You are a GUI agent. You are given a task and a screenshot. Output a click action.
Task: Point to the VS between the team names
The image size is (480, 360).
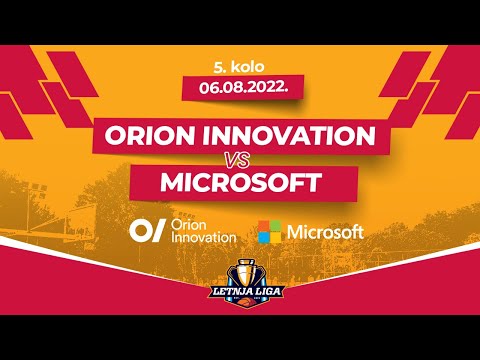pyautogui.click(x=240, y=161)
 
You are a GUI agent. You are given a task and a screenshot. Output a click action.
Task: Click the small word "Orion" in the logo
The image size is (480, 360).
pyautogui.click(x=190, y=225)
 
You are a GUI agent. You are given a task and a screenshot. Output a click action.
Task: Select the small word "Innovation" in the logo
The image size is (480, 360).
pyautogui.click(x=204, y=238)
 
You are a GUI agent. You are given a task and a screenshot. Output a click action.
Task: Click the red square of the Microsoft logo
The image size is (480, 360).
pyautogui.click(x=263, y=226)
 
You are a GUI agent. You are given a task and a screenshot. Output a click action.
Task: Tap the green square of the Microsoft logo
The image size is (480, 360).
pyautogui.click(x=275, y=226)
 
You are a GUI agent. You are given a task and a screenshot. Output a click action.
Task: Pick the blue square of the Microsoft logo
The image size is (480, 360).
pyautogui.click(x=263, y=238)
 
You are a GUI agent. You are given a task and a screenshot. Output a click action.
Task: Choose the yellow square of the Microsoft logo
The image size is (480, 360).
pyautogui.click(x=275, y=238)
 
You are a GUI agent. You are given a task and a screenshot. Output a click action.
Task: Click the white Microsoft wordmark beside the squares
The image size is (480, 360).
pyautogui.click(x=325, y=232)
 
